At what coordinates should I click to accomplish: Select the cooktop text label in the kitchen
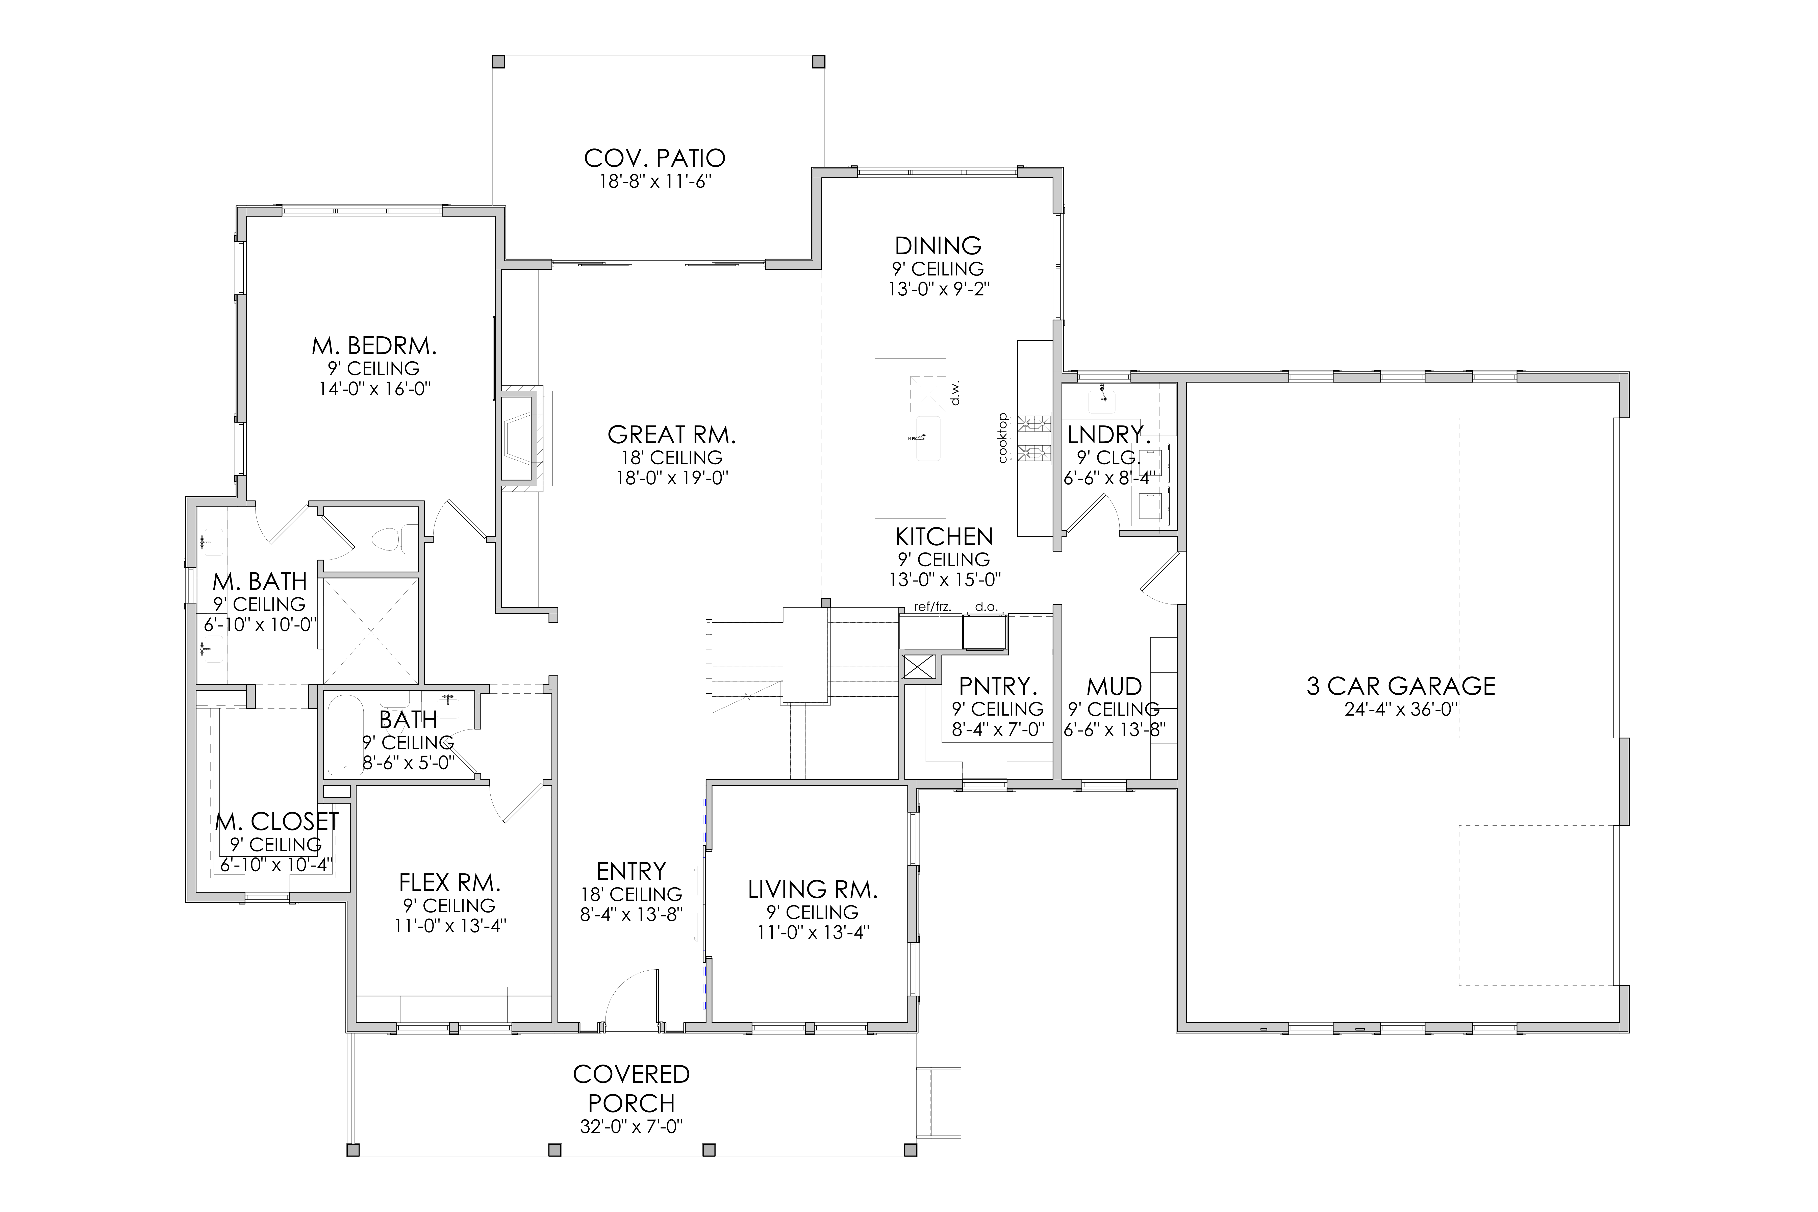pos(1002,438)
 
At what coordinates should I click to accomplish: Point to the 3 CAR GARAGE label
pos(1401,686)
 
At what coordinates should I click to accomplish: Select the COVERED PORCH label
pos(632,1088)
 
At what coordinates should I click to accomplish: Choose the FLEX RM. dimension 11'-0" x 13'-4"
pos(450,925)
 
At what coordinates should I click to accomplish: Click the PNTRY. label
pos(997,686)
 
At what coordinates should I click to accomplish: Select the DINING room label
pos(938,246)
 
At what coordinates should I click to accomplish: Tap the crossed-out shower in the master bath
pos(371,631)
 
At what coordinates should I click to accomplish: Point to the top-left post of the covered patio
pos(498,62)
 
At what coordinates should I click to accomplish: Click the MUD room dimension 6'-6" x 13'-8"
pos(1115,729)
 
